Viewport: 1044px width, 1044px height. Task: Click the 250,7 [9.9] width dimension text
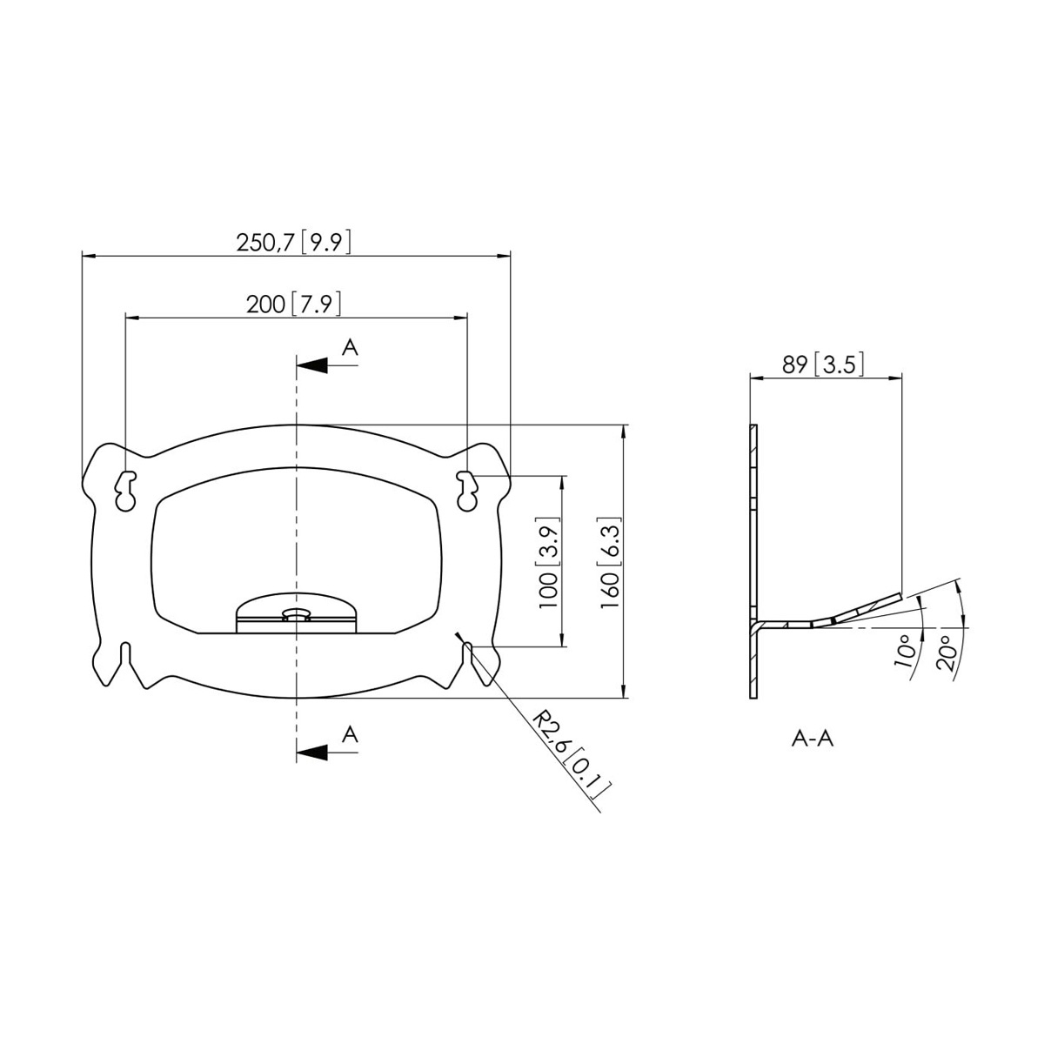[x=294, y=242]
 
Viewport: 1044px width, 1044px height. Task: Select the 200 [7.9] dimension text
[x=294, y=304]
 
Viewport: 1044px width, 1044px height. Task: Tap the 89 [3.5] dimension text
[x=822, y=365]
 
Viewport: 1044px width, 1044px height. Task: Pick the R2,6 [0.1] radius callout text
[x=571, y=755]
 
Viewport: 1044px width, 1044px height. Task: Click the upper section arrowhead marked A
[x=312, y=365]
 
